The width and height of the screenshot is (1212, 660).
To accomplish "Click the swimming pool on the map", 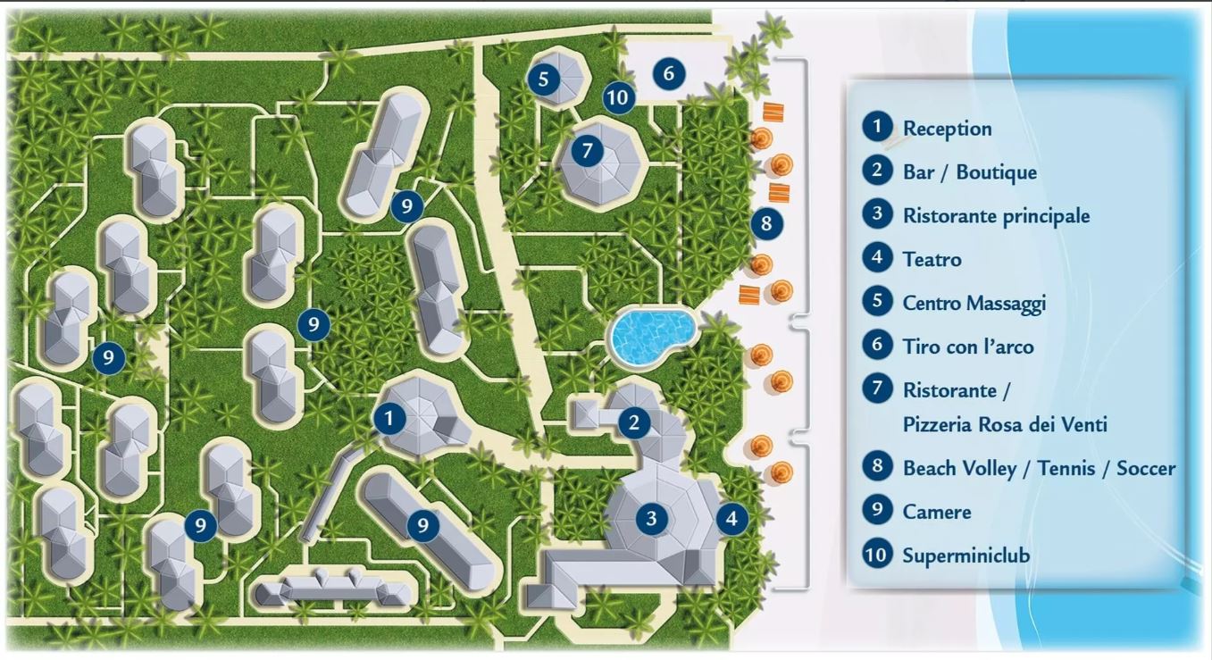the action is [653, 336].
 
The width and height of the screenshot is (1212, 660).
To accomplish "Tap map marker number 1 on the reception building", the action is [389, 418].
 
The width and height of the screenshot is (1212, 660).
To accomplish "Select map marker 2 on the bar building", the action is [634, 422].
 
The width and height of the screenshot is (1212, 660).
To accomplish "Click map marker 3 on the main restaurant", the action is [651, 518].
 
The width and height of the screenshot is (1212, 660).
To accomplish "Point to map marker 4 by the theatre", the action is [731, 518].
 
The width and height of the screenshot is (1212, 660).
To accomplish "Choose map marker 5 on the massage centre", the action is [543, 79].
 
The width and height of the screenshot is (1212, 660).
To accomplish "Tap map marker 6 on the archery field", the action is [669, 73].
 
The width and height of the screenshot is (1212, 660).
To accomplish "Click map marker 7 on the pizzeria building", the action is [587, 150].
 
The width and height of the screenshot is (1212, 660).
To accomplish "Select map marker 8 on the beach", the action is [766, 223].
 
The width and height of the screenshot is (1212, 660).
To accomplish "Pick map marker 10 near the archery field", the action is [618, 97].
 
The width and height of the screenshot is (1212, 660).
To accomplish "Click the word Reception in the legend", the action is [948, 129].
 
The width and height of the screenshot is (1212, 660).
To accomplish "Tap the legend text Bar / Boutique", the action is [970, 172].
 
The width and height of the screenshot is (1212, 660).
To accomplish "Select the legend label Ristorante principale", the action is [996, 216].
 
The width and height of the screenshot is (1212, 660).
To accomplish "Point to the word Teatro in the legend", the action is [932, 259].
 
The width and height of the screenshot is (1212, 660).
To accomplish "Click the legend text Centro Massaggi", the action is [974, 304].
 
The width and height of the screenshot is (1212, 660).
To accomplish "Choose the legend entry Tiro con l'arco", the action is [968, 347].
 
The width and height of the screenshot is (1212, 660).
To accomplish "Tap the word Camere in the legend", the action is [937, 512].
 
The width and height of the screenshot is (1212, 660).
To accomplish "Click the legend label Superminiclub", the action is [966, 556].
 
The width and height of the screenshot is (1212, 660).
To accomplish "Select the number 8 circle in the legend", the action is [877, 466].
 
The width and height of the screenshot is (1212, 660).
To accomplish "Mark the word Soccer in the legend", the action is [1146, 469].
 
